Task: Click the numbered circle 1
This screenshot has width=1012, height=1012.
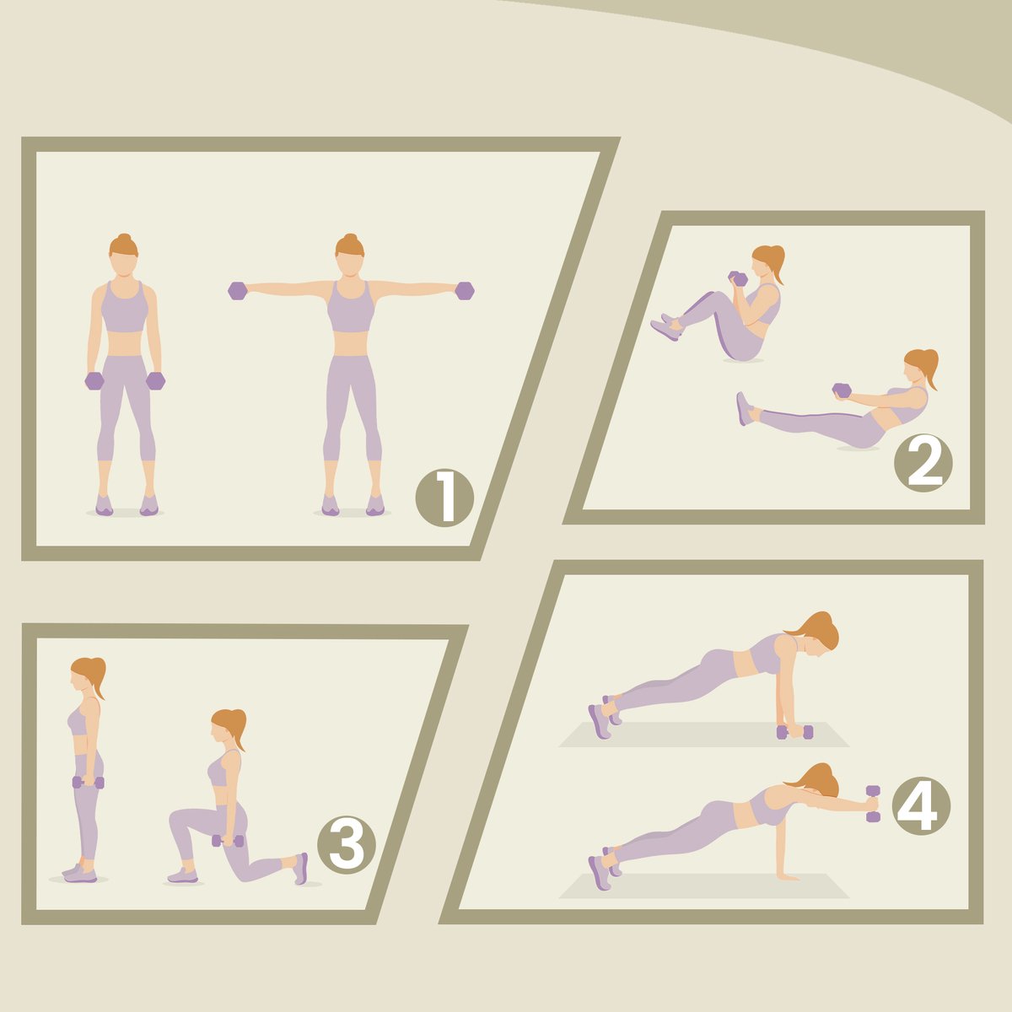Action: [444, 498]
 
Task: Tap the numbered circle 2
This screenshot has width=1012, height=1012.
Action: [923, 463]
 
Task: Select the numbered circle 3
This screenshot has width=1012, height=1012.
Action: [346, 844]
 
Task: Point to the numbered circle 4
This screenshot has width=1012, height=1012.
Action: [921, 805]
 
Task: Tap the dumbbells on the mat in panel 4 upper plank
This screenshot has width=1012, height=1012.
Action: [794, 731]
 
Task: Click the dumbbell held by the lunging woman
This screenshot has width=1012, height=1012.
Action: [228, 841]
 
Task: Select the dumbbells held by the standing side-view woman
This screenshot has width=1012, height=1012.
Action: [89, 783]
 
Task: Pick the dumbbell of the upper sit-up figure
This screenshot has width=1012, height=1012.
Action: [738, 279]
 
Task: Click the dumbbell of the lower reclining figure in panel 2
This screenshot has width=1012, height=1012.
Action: [842, 390]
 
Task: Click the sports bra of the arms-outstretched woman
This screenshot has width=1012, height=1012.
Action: [351, 306]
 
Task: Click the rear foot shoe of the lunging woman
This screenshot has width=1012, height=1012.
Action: [300, 869]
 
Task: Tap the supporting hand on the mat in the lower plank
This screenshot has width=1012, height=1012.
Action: [787, 877]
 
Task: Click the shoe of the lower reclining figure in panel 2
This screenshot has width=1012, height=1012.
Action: [744, 408]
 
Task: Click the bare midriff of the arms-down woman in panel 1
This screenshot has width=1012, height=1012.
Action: [124, 343]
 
